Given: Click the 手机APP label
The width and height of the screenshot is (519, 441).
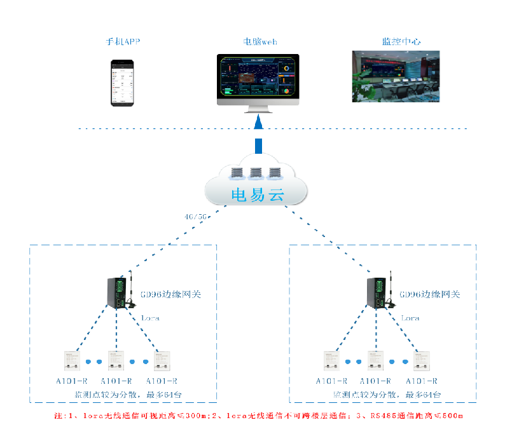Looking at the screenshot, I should point(123,42).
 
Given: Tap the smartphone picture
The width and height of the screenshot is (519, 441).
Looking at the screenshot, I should point(123,82).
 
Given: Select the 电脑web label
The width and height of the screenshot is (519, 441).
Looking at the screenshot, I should point(260,42).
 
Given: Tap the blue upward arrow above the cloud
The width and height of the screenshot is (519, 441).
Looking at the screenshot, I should point(258,137).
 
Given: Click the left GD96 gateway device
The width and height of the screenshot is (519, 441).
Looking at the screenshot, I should point(120,292).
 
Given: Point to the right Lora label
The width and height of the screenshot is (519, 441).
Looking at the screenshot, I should point(410,318).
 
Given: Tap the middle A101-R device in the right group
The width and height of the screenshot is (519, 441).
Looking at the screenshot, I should point(375,361).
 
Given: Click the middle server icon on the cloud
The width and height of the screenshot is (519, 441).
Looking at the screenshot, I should point(256,173).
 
